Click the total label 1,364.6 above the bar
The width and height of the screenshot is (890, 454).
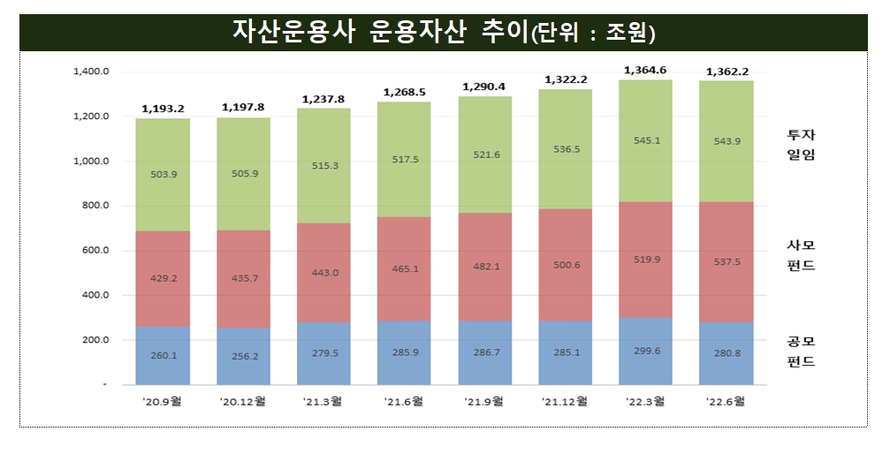(x=645, y=70)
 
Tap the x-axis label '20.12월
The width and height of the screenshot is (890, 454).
(x=243, y=401)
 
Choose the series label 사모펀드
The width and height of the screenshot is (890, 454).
(x=803, y=255)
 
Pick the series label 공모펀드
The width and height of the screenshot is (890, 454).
(x=803, y=352)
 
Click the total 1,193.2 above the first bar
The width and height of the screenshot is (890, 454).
(x=163, y=109)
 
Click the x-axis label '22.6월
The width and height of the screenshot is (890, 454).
(x=726, y=401)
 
